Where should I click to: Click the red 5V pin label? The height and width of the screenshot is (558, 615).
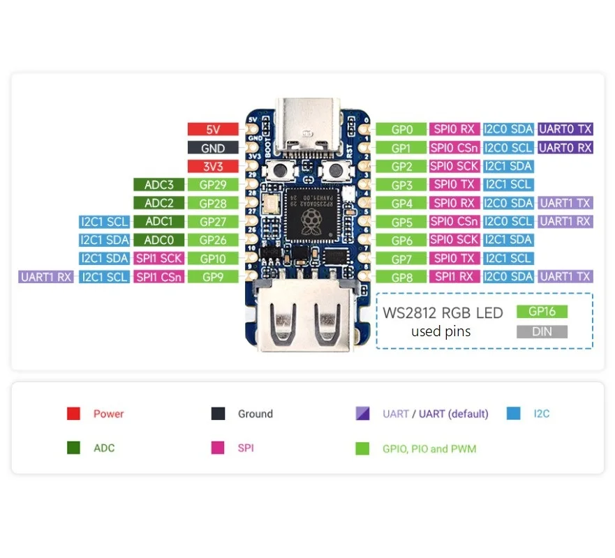[x=213, y=129]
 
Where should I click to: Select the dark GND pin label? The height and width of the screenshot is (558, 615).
[x=213, y=148]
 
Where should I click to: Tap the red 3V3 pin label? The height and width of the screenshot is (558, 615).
[x=213, y=166]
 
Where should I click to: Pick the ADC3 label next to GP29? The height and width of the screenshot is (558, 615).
[x=159, y=185]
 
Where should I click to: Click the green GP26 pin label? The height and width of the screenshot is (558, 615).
[x=213, y=240]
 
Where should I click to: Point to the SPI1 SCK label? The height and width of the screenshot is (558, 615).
[x=159, y=258]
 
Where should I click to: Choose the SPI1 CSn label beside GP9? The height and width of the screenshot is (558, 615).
[x=159, y=277]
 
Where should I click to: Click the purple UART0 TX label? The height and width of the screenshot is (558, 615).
[x=565, y=129]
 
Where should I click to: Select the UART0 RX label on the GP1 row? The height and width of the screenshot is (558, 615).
[x=565, y=148]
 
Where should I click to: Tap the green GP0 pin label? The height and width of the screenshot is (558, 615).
[x=402, y=129]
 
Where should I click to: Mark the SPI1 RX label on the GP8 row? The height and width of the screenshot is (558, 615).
[x=454, y=277]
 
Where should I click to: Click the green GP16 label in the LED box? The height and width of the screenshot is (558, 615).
[x=542, y=312]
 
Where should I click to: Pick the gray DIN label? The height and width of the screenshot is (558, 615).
[x=542, y=331]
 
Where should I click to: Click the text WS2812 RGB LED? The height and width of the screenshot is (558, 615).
[x=443, y=312]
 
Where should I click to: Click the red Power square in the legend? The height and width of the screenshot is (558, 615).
[x=73, y=414]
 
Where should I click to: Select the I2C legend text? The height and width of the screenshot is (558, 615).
[x=541, y=414]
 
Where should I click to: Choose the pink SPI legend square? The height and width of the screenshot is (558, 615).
[x=218, y=448]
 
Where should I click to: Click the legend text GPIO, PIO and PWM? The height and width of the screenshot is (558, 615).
[x=429, y=448]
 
